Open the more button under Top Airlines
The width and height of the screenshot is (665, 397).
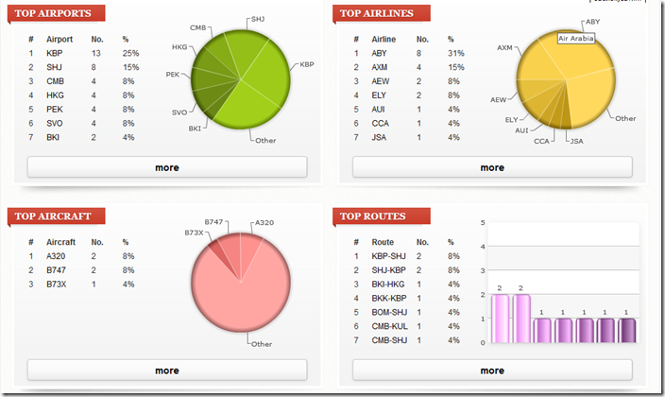pos(492,167)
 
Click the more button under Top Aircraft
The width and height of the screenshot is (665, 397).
pos(167,371)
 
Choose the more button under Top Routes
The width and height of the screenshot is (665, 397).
pos(492,371)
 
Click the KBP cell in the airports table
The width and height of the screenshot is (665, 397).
pos(55,53)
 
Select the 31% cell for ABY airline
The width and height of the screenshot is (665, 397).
pos(456,53)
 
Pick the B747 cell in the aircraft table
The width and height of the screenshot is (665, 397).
pos(58,269)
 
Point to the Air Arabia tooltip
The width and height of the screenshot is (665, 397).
pos(575,39)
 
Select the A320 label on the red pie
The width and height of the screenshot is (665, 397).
pos(264,223)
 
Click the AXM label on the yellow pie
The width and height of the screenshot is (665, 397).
pos(505,46)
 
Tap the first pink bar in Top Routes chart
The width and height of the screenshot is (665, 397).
pos(500,319)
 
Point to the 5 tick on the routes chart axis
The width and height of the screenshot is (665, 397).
pos(483,223)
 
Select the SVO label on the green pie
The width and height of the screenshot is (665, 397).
pos(179,111)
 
